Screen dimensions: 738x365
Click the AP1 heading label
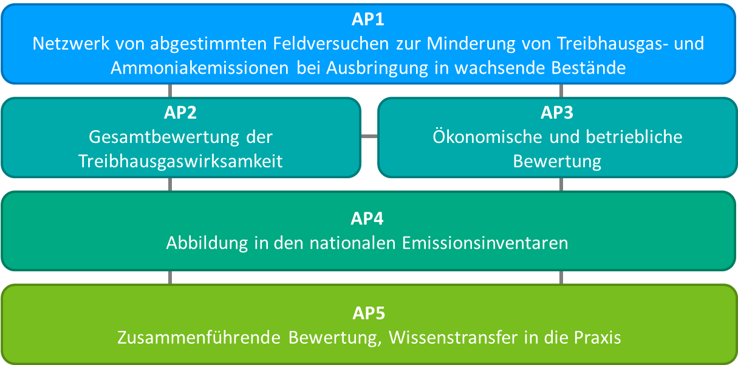point(367,19)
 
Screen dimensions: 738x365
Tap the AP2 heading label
point(180,113)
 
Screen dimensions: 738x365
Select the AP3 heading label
point(557,113)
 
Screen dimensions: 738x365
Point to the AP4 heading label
point(367,218)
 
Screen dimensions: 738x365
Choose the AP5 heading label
point(369,313)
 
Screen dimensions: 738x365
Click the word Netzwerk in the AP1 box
point(71,44)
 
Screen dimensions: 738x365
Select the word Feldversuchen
point(331,44)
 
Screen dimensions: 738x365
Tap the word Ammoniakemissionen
point(200,68)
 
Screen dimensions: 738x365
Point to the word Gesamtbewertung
point(164,137)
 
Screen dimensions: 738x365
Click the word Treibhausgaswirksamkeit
point(180,161)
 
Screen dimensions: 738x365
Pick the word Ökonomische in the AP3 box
point(487,137)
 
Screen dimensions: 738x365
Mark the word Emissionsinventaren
point(485,243)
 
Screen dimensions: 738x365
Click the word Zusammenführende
point(199,338)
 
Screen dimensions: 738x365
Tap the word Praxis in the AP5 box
point(597,338)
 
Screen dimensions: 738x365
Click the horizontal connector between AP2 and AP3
point(369,136)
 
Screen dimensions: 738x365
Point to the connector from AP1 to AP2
point(170,91)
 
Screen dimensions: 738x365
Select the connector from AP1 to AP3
point(561,91)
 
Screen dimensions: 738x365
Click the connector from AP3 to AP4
point(561,184)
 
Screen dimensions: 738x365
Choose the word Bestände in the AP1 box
point(589,68)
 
